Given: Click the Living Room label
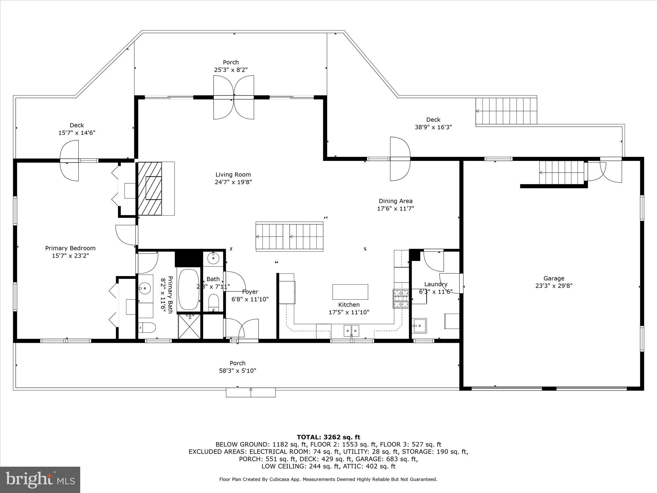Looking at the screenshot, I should point(233,175).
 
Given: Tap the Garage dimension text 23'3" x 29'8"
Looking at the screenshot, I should point(554,286).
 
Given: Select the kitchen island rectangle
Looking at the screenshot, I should point(350,292).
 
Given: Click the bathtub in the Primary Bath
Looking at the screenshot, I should point(189,290).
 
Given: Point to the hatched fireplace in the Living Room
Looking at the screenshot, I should point(149,188).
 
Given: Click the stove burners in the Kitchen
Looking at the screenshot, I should point(401,299).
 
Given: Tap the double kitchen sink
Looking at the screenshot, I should point(351,330).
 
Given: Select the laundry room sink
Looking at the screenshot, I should point(420,327).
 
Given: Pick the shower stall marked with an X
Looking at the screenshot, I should point(189,326).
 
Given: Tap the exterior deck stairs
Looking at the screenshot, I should point(506,111).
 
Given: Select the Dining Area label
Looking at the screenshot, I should point(396,201).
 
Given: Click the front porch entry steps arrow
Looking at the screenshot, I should point(251,392).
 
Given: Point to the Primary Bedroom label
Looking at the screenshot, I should point(70,248).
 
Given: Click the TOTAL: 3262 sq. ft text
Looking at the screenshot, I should point(328,437).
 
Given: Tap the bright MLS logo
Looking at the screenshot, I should point(40,480).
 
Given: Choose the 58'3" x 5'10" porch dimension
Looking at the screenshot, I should point(237,371).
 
